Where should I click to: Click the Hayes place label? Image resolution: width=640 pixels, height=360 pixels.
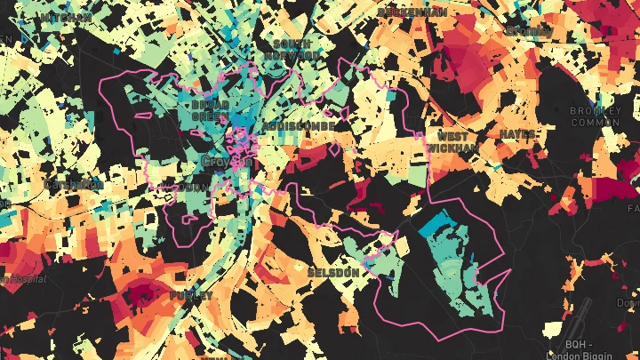point(517,134)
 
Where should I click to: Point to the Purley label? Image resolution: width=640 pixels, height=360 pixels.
point(191,295)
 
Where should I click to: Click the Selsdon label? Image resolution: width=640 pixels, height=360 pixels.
point(335,271)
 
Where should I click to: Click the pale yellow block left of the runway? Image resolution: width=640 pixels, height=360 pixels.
point(554,330)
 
